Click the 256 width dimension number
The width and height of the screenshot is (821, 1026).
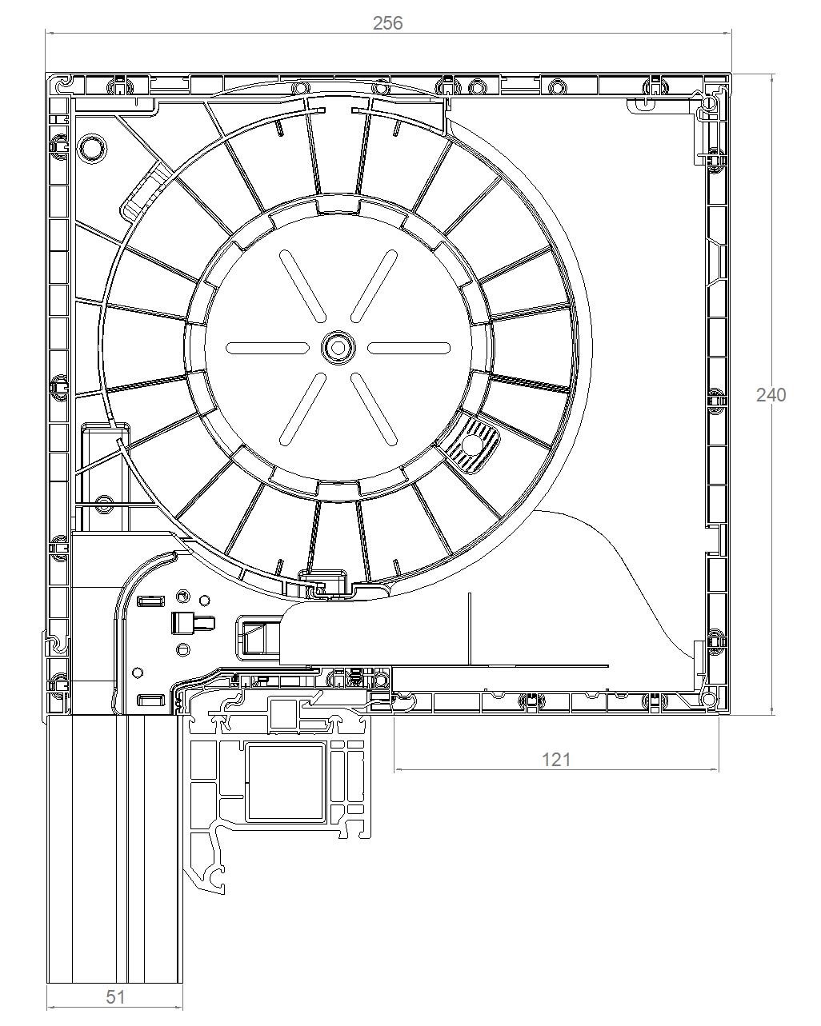[387, 23]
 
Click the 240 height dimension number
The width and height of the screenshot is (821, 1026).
[771, 395]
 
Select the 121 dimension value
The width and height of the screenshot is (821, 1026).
[556, 760]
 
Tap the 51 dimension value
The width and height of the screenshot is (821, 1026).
[114, 996]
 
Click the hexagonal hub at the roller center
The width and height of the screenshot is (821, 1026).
[338, 348]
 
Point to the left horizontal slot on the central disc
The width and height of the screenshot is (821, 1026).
[266, 348]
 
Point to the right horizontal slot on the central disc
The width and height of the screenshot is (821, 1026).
[410, 348]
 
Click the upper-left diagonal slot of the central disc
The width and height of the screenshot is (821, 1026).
[302, 285]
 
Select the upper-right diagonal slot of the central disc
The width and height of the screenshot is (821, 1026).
[374, 285]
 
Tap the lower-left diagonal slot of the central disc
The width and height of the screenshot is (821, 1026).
[302, 409]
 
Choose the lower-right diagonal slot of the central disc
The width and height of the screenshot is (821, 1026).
[374, 409]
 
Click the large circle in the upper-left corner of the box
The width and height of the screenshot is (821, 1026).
[93, 148]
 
